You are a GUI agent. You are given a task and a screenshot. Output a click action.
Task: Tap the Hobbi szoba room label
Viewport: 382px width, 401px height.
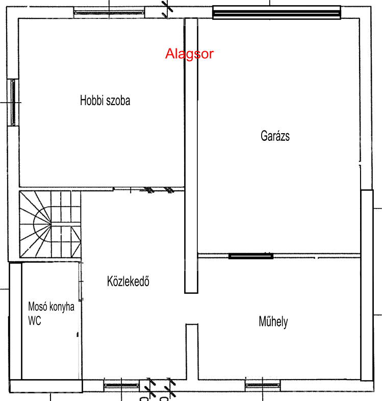coord(105,100)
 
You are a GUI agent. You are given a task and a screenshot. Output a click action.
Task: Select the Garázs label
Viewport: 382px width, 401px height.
coord(275,136)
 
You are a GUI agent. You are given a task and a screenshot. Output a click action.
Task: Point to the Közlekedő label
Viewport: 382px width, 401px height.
coord(128,281)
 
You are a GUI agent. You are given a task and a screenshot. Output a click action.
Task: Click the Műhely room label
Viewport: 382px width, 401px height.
coord(273,322)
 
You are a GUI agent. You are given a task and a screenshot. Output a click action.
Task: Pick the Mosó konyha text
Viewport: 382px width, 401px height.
coord(51,307)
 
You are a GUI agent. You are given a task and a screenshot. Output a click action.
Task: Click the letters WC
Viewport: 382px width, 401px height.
coord(35,320)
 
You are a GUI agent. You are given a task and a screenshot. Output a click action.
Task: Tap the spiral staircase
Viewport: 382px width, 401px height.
coord(50,224)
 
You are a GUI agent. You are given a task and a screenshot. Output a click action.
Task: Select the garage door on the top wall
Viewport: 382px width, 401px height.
coord(276,12)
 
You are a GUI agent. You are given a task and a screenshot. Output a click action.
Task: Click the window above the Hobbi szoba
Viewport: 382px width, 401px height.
coord(109,12)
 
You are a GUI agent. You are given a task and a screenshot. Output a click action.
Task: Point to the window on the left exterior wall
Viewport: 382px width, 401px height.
coord(13,103)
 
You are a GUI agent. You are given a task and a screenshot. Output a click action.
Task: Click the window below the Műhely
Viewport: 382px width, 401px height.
coord(263,385)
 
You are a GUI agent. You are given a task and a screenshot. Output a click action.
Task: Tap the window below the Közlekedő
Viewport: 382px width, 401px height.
coord(121,385)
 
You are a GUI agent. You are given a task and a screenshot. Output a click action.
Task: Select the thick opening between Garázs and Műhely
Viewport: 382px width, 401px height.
coord(251,256)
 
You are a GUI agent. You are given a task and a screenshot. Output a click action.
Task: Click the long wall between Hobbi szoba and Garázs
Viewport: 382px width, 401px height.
coord(191,156)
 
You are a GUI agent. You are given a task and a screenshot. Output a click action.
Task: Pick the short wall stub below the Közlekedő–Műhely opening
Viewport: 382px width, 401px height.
coord(192,352)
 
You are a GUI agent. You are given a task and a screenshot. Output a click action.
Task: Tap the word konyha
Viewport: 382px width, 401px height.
coord(62,307)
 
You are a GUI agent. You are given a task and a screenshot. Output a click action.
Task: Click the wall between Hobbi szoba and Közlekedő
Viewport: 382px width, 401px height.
coord(102,188)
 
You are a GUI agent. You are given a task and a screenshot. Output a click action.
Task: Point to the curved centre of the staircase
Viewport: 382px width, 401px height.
coord(42,224)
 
